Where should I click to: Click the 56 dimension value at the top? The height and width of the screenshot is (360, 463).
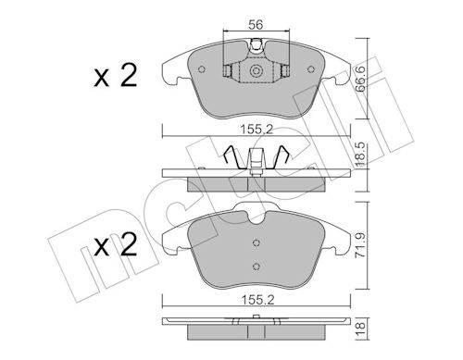pyautogui.click(x=256, y=24)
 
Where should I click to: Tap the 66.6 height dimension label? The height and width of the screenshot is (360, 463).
pyautogui.click(x=360, y=79)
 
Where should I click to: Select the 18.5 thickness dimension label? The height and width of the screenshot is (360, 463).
pyautogui.click(x=360, y=154)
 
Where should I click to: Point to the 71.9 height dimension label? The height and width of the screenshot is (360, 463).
pyautogui.click(x=360, y=245)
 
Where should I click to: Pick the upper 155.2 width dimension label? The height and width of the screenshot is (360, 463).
pyautogui.click(x=257, y=130)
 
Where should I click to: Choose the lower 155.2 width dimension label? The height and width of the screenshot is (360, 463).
pyautogui.click(x=257, y=300)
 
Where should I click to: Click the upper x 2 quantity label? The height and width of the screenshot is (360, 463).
pyautogui.click(x=116, y=76)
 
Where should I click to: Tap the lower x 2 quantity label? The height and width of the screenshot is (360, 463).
pyautogui.click(x=116, y=245)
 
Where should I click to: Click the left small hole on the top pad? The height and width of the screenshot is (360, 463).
pyautogui.click(x=202, y=69)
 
